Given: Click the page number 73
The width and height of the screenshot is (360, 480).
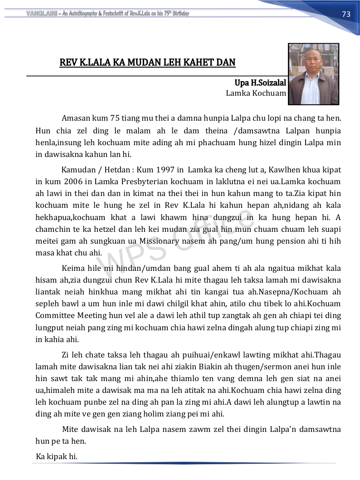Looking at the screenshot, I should tap(346, 14).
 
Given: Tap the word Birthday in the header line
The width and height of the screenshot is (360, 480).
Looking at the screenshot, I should tap(178, 14).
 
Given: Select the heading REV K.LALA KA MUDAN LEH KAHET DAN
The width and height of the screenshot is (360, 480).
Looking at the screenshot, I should tap(147, 62).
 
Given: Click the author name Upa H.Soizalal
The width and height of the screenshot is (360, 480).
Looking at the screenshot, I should tap(260, 83).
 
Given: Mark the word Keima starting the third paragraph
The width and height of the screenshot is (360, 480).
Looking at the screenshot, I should tap(73, 268).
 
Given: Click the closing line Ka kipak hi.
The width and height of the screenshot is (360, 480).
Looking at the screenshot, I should tap(57, 456).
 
